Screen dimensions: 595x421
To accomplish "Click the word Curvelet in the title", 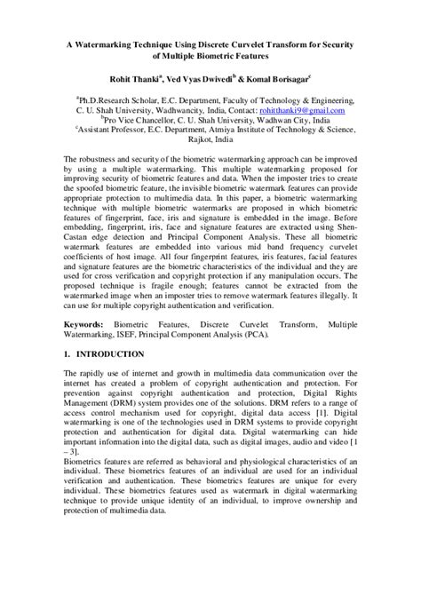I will [x=247, y=41].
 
